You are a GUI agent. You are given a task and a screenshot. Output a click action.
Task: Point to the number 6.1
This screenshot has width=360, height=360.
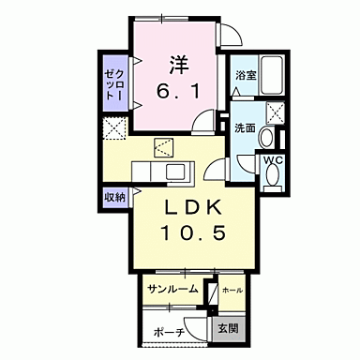coord(179,93)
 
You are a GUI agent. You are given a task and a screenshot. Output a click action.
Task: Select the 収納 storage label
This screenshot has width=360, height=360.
coord(114,197)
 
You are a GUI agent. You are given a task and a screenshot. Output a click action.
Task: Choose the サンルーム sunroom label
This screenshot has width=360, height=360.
coord(172,289)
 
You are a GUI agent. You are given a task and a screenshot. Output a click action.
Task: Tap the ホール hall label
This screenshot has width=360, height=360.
coord(232,290)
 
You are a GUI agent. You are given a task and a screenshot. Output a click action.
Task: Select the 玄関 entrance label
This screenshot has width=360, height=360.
coord(227,329)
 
